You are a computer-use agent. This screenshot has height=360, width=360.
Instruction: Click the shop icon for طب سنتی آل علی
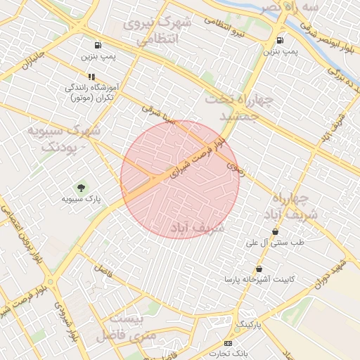275,231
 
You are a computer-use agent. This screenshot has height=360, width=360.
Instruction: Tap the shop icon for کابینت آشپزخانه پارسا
259,269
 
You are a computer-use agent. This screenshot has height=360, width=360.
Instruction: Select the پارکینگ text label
247,324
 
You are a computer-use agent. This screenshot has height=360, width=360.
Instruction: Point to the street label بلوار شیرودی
67,320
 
